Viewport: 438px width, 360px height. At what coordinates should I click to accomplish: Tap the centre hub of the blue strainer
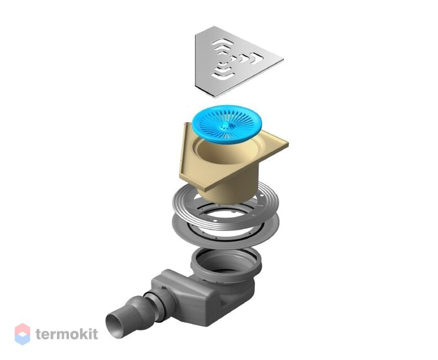(x=225, y=126)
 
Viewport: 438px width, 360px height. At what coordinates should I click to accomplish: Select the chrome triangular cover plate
(x=234, y=60)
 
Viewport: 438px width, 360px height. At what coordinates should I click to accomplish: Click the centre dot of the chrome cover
(x=231, y=58)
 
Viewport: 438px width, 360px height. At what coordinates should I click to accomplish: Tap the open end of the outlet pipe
(x=114, y=326)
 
